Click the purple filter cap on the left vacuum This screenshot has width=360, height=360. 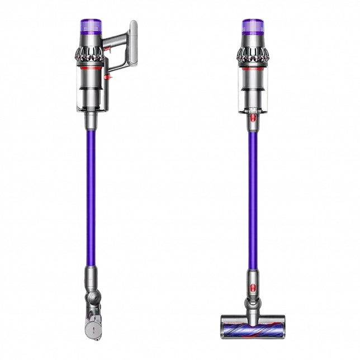click(x=91, y=26)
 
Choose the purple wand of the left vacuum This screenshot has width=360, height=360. click(x=91, y=196)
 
